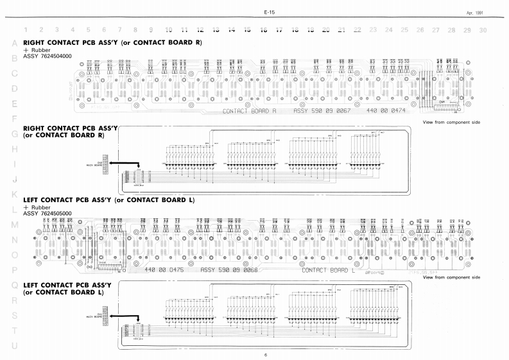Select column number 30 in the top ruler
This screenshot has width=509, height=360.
(x=483, y=30)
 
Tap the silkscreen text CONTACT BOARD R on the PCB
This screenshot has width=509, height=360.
(x=249, y=112)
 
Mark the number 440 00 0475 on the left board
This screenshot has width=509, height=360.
(x=165, y=270)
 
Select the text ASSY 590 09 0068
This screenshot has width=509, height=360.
(x=229, y=270)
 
